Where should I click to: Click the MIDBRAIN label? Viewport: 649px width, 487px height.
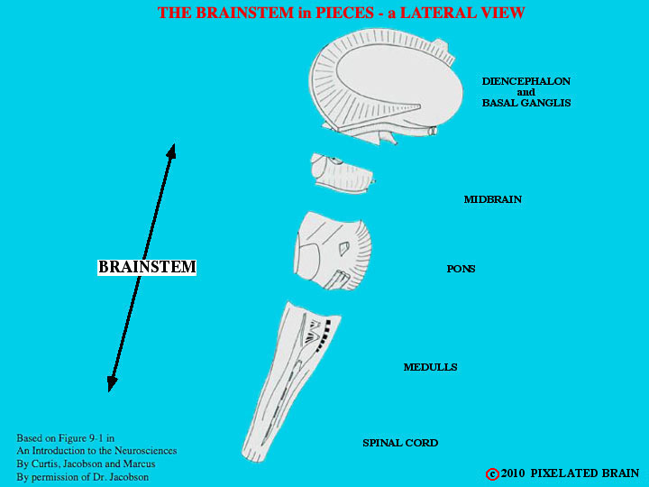pyautogui.click(x=492, y=199)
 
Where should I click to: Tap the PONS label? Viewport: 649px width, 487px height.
pyautogui.click(x=461, y=269)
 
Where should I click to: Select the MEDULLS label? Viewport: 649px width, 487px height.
pyautogui.click(x=431, y=367)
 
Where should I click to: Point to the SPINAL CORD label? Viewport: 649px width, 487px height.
pyautogui.click(x=400, y=443)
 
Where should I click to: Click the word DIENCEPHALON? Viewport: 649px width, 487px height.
pyautogui.click(x=526, y=81)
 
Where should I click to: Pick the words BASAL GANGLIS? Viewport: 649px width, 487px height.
pyautogui.click(x=526, y=103)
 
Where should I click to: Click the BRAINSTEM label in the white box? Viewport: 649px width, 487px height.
pyautogui.click(x=147, y=267)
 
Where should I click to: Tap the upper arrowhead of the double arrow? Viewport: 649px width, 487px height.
pyautogui.click(x=172, y=151)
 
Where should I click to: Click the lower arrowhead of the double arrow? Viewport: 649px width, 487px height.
pyautogui.click(x=112, y=384)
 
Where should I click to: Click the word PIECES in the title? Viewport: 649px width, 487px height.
pyautogui.click(x=344, y=13)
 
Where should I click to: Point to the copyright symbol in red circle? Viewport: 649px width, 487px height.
pyautogui.click(x=492, y=474)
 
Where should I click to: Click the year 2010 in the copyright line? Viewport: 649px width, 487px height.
pyautogui.click(x=513, y=473)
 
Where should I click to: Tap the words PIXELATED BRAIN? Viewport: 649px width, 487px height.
pyautogui.click(x=585, y=473)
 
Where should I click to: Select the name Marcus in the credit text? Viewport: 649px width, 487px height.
pyautogui.click(x=140, y=464)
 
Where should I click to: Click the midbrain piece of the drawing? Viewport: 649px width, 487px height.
pyautogui.click(x=343, y=173)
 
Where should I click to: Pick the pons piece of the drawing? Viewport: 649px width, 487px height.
pyautogui.click(x=333, y=251)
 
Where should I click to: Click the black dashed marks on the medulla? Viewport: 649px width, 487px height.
pyautogui.click(x=324, y=335)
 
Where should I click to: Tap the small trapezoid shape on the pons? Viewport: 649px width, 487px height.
pyautogui.click(x=343, y=249)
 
